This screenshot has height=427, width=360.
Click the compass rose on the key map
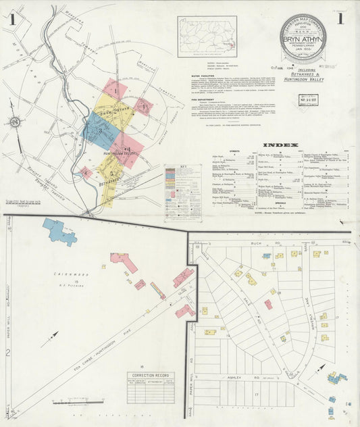pos(14,122)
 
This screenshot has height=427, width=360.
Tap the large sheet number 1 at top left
pos(13,19)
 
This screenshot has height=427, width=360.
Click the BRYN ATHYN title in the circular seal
pos(303,41)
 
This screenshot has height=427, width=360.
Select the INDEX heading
pos(279,145)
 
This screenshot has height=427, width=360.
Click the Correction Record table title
pos(149,375)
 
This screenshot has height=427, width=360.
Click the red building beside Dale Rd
pos(268,304)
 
